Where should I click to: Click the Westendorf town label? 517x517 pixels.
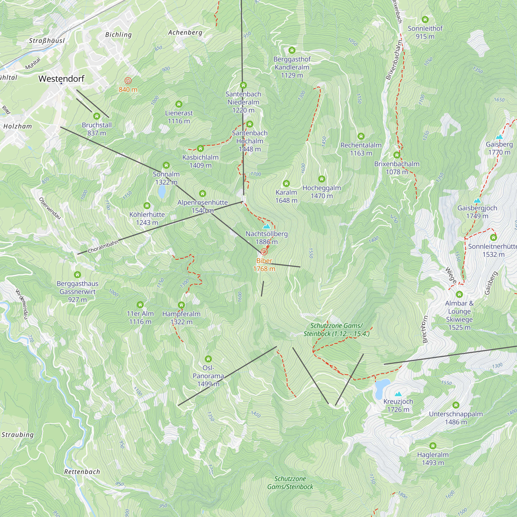pyautogui.click(x=61, y=78)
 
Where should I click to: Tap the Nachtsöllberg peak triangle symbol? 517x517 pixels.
pyautogui.click(x=266, y=226)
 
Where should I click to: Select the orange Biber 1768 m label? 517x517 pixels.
pyautogui.click(x=264, y=265)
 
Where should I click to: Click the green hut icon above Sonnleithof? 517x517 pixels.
pyautogui.click(x=425, y=20)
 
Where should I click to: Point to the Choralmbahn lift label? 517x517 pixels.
pyautogui.click(x=103, y=246)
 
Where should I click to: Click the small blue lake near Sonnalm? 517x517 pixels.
pyautogui.click(x=162, y=191)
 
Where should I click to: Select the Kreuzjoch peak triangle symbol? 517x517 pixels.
pyautogui.click(x=398, y=394)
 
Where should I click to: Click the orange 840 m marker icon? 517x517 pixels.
pyautogui.click(x=128, y=81)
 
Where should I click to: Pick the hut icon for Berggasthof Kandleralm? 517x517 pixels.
pyautogui.click(x=292, y=50)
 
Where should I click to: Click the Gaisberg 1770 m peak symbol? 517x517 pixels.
pyautogui.click(x=499, y=137)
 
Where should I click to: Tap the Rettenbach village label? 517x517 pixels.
pyautogui.click(x=82, y=472)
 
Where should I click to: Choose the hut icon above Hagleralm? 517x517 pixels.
pyautogui.click(x=433, y=446)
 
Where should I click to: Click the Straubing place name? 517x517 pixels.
pyautogui.click(x=18, y=435)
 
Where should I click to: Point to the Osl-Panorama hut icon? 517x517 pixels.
pyautogui.click(x=208, y=359)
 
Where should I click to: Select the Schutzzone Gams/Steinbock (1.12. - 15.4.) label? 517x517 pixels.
pyautogui.click(x=336, y=330)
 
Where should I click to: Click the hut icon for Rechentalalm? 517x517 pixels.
pyautogui.click(x=361, y=136)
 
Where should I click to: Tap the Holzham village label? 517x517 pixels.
pyautogui.click(x=18, y=126)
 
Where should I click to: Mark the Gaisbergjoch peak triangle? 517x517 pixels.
pyautogui.click(x=477, y=200)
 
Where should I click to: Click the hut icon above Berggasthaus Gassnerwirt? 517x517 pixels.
pyautogui.click(x=77, y=275)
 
